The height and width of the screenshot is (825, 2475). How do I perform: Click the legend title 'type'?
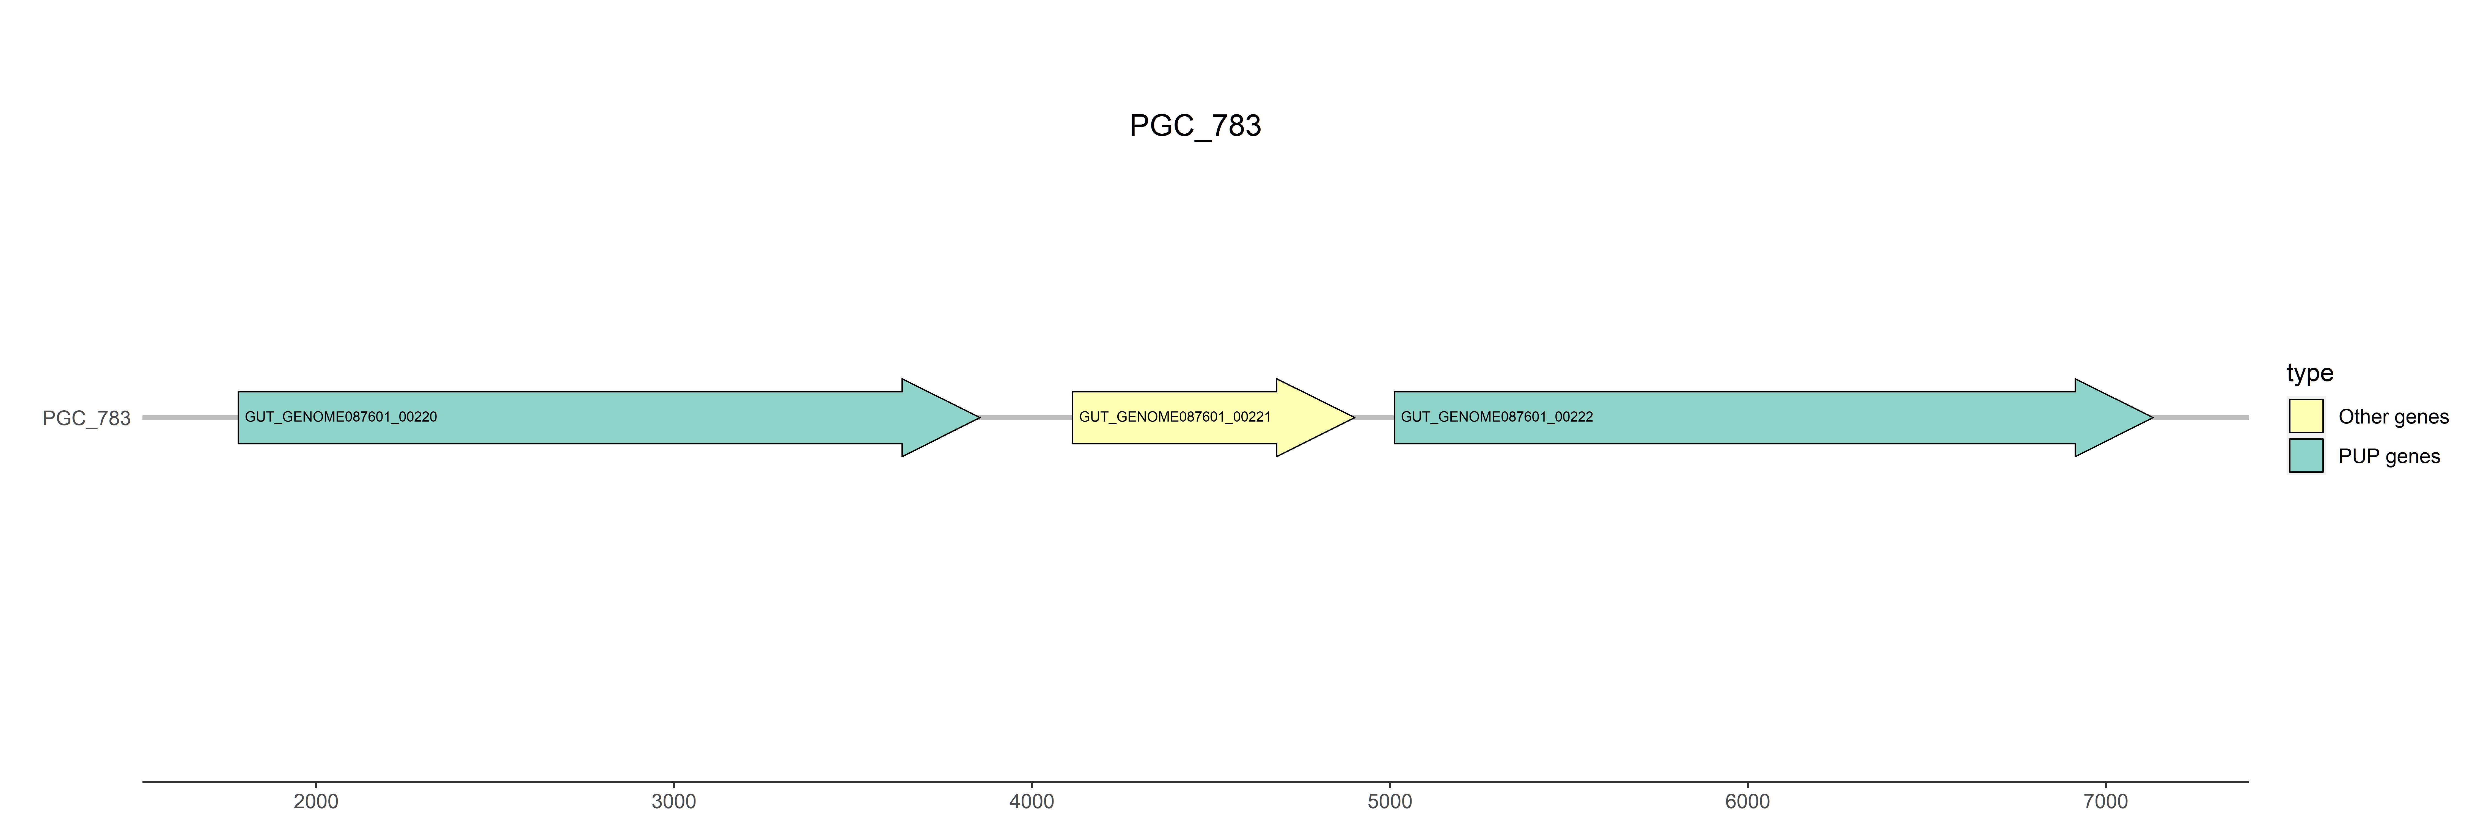2310,373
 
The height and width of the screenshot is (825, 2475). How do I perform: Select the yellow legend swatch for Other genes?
2306,416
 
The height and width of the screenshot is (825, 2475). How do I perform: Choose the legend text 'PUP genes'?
2389,456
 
